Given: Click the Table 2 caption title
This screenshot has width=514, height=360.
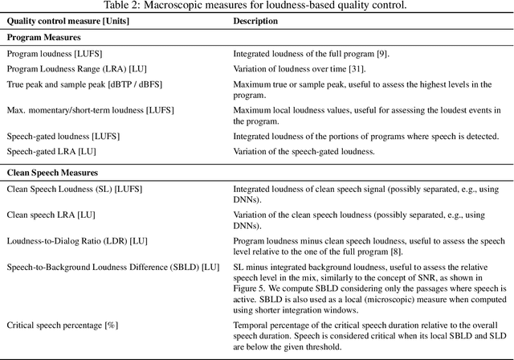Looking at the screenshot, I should [256, 6].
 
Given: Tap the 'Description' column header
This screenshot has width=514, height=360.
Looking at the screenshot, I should [255, 22].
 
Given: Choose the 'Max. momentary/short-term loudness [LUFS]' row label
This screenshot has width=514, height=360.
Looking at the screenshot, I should [90, 109].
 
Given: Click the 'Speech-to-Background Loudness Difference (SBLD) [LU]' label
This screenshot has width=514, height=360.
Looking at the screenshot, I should [112, 266].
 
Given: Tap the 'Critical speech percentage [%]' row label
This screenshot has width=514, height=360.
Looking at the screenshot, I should [63, 325].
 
